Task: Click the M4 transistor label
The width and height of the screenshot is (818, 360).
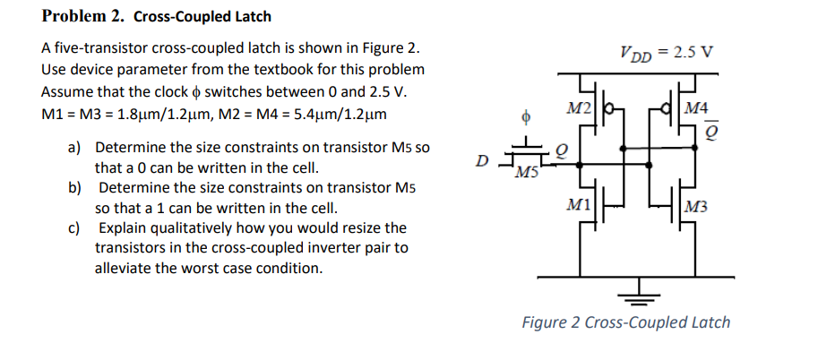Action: pyautogui.click(x=695, y=108)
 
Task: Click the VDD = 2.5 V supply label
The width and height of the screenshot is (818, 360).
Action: pyautogui.click(x=667, y=51)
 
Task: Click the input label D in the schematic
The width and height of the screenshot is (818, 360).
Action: pyautogui.click(x=482, y=162)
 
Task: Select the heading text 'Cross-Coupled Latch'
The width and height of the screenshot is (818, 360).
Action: pyautogui.click(x=202, y=16)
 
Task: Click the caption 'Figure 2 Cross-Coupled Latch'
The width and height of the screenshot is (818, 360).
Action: pyautogui.click(x=626, y=322)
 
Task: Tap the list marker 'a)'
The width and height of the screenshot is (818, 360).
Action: pyautogui.click(x=75, y=147)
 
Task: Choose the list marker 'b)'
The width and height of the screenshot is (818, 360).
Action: pyautogui.click(x=75, y=188)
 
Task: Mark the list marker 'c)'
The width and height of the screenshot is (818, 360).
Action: pyautogui.click(x=75, y=228)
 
